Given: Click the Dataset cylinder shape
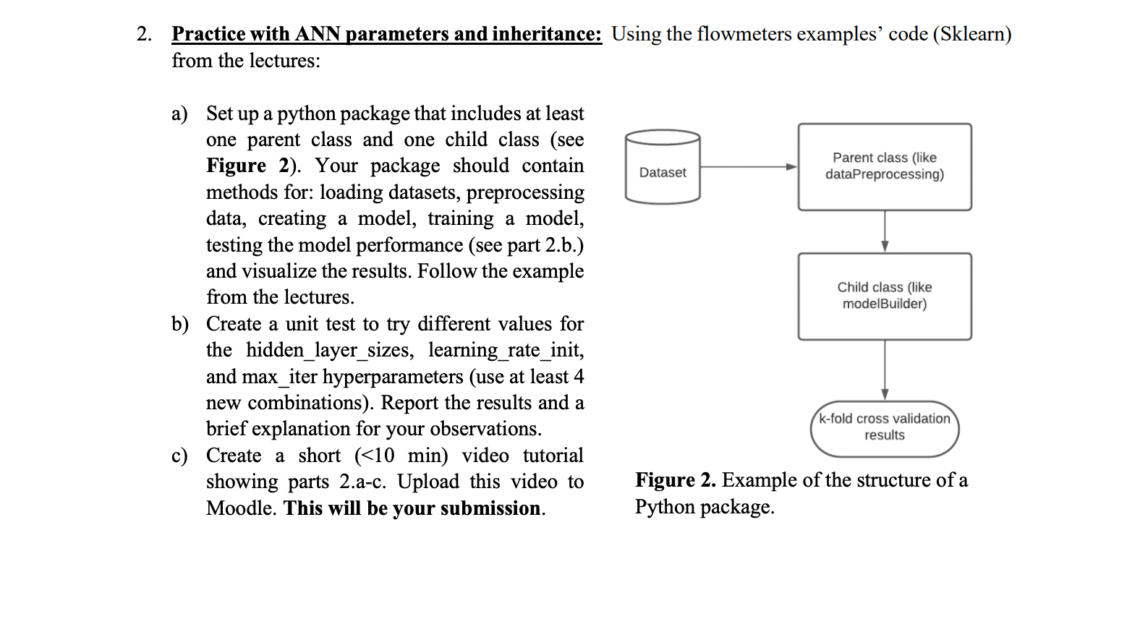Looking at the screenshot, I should [x=662, y=167].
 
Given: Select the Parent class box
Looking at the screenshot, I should [x=884, y=167].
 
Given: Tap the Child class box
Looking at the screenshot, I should [x=884, y=296].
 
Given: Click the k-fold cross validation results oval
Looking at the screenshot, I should [x=884, y=428].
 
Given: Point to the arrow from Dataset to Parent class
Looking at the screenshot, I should [x=749, y=167].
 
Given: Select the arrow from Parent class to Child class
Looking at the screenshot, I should [x=885, y=231].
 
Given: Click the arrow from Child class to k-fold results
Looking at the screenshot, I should [x=885, y=370].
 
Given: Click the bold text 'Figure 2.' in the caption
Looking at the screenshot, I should [x=675, y=480].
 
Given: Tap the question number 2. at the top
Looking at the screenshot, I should [x=144, y=34].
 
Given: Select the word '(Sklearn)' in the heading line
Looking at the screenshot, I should [x=971, y=34].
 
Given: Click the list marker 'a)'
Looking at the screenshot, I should [x=179, y=114].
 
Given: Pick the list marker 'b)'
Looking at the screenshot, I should [x=179, y=324].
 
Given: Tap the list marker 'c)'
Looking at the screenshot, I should [x=179, y=456].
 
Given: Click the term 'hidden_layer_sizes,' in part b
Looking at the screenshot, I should [x=330, y=350].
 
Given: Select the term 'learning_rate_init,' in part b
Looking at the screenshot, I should [x=506, y=350].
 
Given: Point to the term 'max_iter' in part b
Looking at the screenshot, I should [x=278, y=377].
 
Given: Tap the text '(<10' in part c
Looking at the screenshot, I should [x=375, y=456].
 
